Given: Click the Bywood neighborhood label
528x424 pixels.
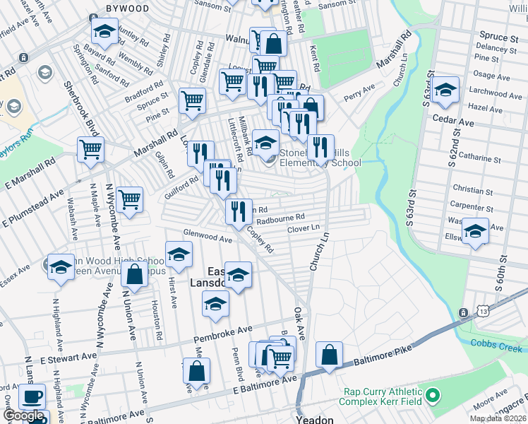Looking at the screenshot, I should [x=127, y=8].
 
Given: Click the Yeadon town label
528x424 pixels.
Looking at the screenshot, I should [x=314, y=418].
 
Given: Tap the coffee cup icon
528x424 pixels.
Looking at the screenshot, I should [x=32, y=397].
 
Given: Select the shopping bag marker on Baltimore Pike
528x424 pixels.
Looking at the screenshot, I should [x=330, y=355].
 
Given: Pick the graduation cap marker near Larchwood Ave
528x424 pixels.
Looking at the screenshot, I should [x=446, y=89].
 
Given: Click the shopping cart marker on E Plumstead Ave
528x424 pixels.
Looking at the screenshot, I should [x=130, y=200].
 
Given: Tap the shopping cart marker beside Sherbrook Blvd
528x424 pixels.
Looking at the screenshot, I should [x=90, y=150].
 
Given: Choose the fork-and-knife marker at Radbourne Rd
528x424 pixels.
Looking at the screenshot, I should [x=239, y=210].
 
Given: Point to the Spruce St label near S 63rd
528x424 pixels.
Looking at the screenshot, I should [x=493, y=36].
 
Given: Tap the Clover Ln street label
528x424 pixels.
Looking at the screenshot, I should [x=304, y=229].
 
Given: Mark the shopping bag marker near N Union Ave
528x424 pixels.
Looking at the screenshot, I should [x=134, y=274].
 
